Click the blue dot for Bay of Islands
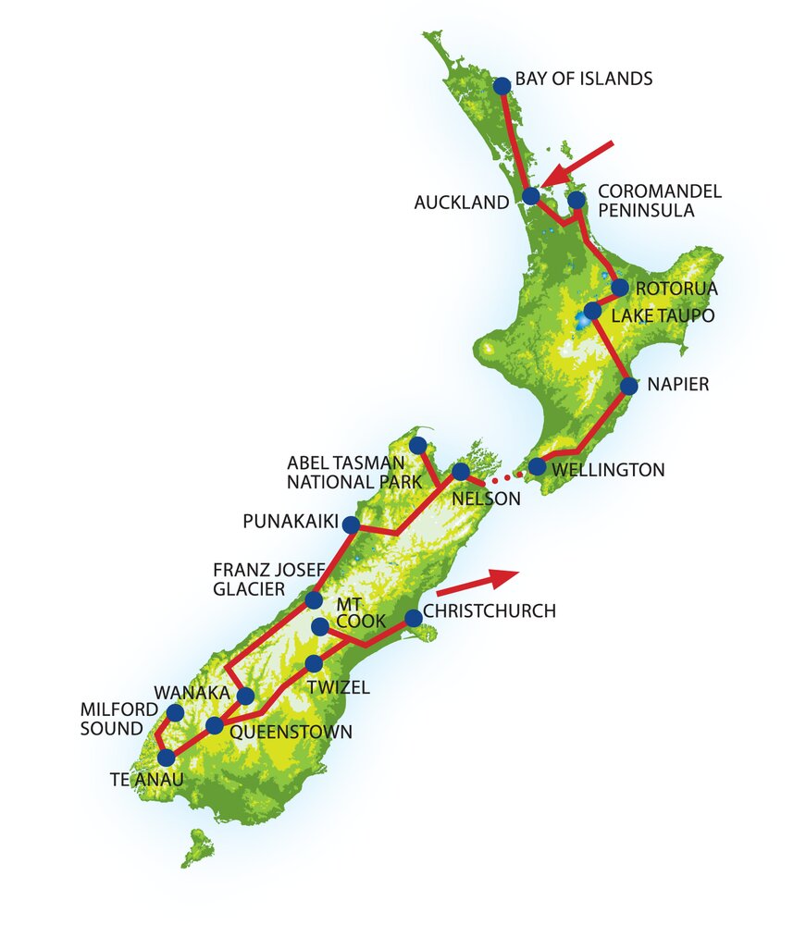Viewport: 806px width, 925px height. [502, 86]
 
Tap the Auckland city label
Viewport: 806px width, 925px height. [461, 203]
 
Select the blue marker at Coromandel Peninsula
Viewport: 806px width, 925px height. [576, 200]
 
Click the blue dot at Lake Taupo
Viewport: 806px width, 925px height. [593, 312]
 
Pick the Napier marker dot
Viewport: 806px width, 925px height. [628, 385]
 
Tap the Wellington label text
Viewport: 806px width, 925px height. [608, 470]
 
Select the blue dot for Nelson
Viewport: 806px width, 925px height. [460, 472]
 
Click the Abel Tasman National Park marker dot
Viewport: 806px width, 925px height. [418, 445]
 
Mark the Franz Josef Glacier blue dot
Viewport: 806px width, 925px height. [314, 600]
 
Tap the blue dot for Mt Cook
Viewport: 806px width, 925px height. [320, 627]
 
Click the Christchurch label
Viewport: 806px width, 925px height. [490, 611]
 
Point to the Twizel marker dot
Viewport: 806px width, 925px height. [314, 663]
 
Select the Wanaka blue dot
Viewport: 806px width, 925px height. [245, 696]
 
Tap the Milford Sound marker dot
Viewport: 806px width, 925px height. [174, 713]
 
